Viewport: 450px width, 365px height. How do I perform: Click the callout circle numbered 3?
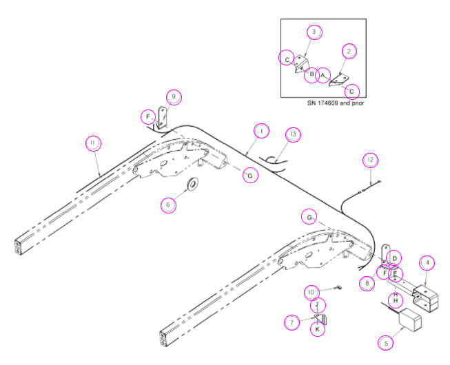click(x=314, y=32)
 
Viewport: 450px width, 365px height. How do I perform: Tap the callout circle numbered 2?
click(x=349, y=52)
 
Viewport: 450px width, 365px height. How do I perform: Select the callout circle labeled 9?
click(x=174, y=97)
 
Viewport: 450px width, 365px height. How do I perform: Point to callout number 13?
click(x=294, y=134)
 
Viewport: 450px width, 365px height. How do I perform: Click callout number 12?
click(x=371, y=160)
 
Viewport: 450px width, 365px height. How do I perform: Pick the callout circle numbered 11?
click(x=94, y=143)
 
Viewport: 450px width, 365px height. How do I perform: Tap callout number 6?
click(x=168, y=205)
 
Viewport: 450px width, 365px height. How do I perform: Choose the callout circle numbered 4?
click(x=427, y=263)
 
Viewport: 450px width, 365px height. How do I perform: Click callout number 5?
click(x=385, y=343)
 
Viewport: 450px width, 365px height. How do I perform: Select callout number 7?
click(x=292, y=322)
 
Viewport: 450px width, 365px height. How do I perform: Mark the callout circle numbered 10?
click(x=312, y=293)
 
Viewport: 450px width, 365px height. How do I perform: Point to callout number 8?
click(x=367, y=283)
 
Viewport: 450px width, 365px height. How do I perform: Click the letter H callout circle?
click(x=396, y=300)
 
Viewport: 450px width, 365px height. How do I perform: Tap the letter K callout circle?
click(x=318, y=329)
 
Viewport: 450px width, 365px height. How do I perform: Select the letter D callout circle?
click(x=394, y=258)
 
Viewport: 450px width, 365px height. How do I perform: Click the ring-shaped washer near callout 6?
click(x=192, y=184)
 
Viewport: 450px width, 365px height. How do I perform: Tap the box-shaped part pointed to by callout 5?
click(x=410, y=319)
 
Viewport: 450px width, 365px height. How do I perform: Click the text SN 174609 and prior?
click(x=336, y=103)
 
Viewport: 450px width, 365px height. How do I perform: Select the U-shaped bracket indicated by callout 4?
click(x=425, y=298)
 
